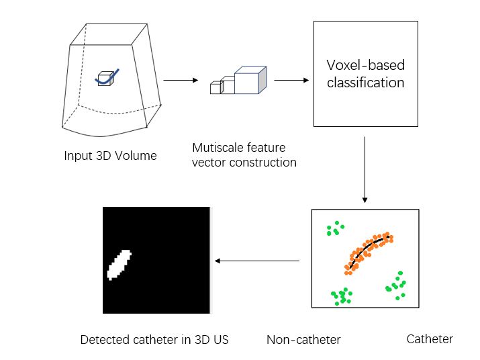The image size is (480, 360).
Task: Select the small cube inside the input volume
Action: [x=105, y=79]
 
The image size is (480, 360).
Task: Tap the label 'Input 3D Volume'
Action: [x=110, y=156]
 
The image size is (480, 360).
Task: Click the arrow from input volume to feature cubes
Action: [x=181, y=80]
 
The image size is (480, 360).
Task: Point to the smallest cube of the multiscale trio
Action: [x=215, y=88]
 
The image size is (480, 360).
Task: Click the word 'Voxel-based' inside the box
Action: [x=365, y=65]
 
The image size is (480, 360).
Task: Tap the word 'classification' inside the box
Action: [x=365, y=83]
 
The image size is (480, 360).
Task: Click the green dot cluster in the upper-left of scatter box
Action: [x=334, y=230]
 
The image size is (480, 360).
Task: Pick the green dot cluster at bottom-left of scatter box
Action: [x=342, y=296]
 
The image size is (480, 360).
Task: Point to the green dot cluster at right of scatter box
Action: [x=396, y=285]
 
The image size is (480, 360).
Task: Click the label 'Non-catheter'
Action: [x=303, y=340]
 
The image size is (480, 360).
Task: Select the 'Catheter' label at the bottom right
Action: [x=430, y=339]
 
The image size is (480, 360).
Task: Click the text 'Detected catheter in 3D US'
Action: [x=154, y=340]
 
